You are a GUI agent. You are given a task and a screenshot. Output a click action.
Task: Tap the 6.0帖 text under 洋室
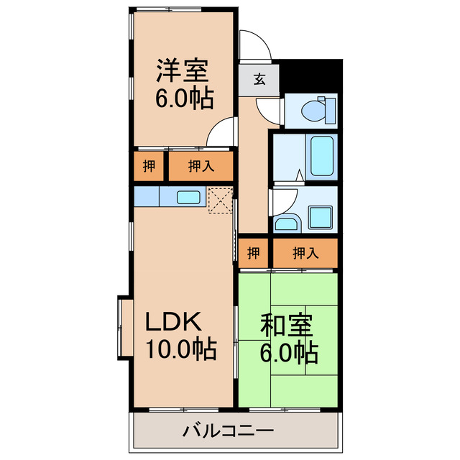pyautogui.click(x=183, y=98)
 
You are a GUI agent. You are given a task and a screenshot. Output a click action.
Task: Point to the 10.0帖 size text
pyautogui.click(x=181, y=350)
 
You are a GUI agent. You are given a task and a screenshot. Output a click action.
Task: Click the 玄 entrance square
pyautogui.click(x=258, y=80)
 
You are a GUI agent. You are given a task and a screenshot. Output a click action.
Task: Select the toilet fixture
pyautogui.click(x=317, y=110)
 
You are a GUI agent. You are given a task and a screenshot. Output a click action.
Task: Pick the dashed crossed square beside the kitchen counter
pyautogui.click(x=220, y=200)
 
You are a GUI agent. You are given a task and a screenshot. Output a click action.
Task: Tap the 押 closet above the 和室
pyautogui.click(x=253, y=252)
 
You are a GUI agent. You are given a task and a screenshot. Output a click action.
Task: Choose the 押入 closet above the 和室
pyautogui.click(x=305, y=252)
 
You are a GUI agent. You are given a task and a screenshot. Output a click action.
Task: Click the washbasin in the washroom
pyautogui.click(x=286, y=223)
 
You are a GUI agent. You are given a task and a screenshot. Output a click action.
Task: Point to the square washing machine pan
pyautogui.click(x=319, y=216)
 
